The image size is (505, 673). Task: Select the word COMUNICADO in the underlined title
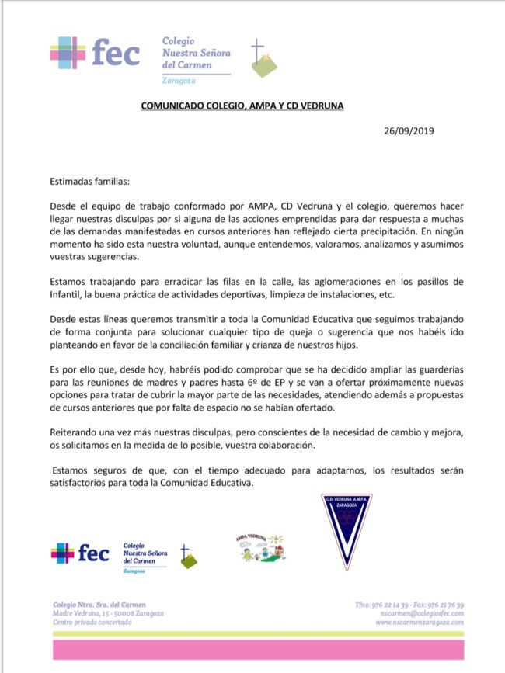point(174,106)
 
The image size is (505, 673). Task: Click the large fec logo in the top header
point(95,54)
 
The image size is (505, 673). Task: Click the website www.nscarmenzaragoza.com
point(420,622)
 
